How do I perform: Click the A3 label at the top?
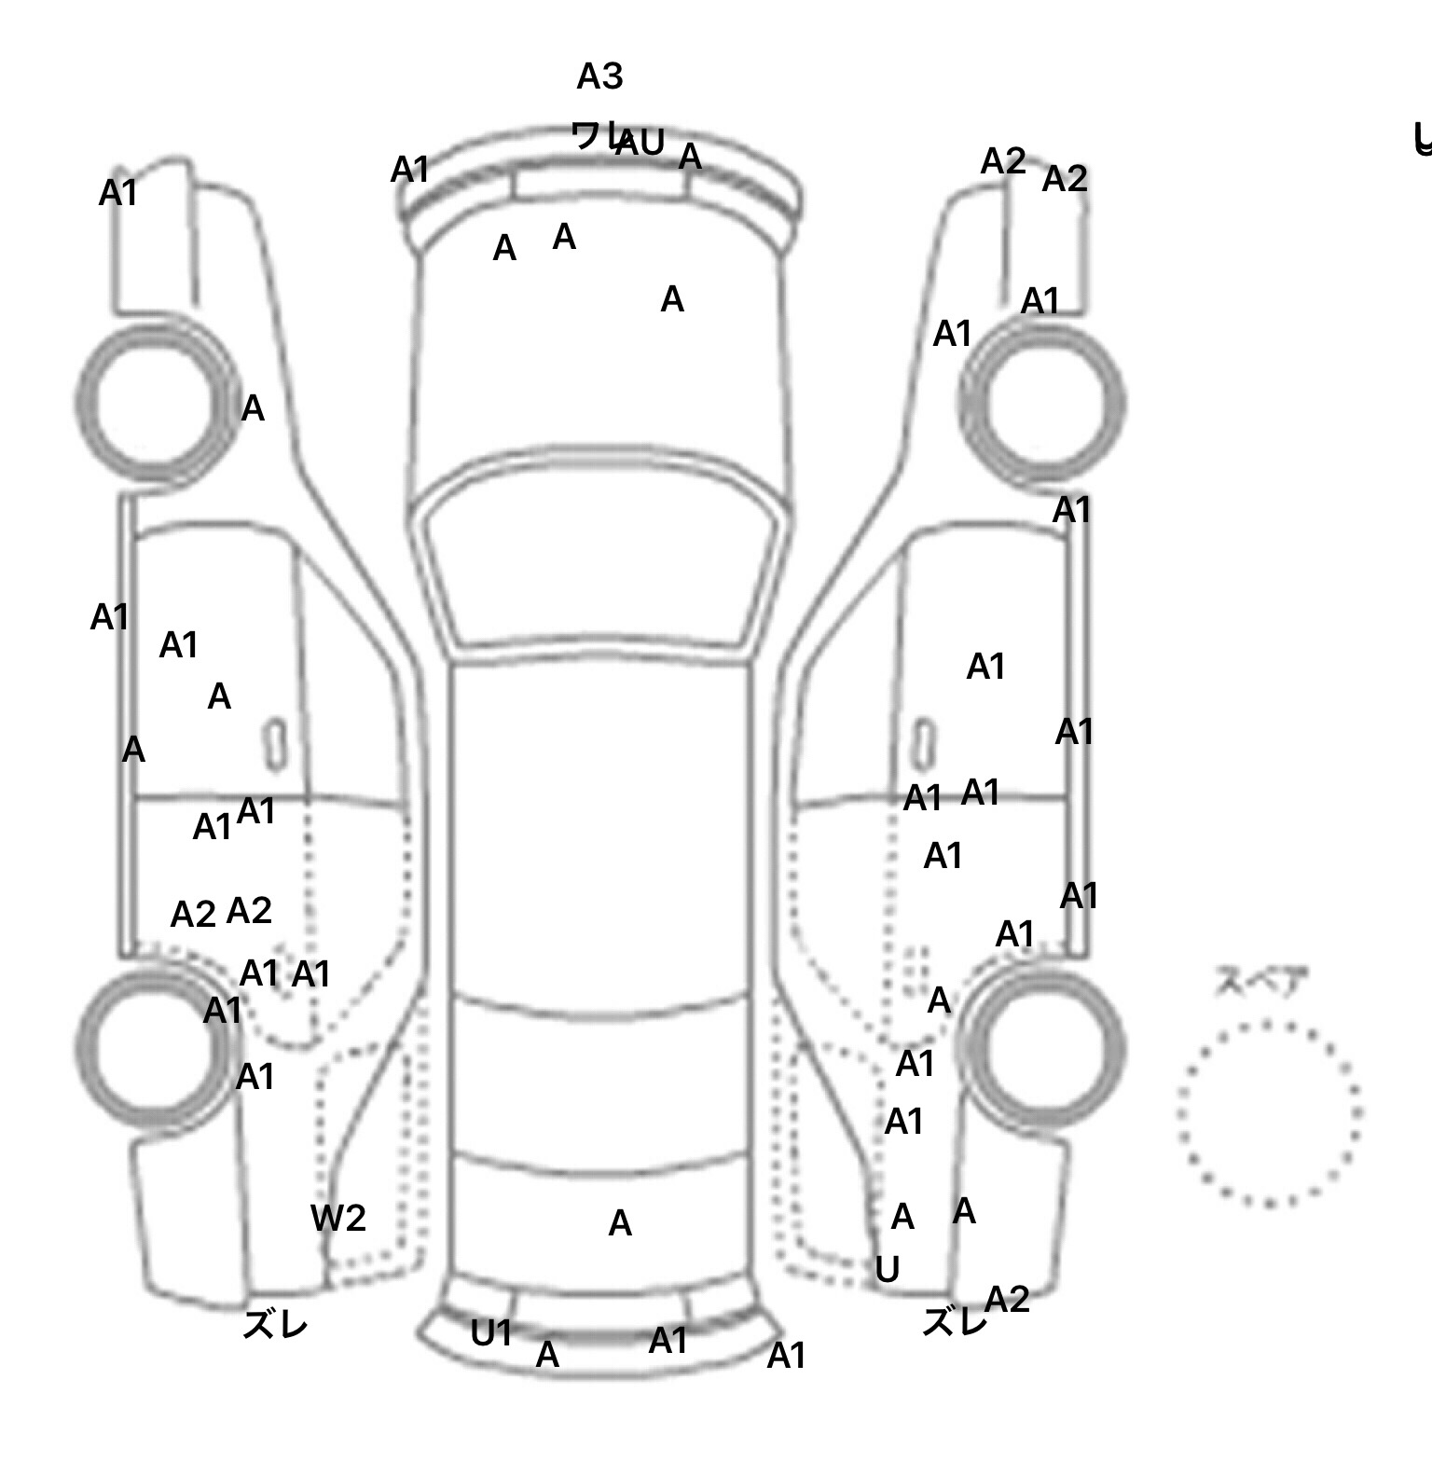[x=599, y=76]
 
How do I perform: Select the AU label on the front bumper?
[x=640, y=144]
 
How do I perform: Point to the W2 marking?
[x=337, y=1218]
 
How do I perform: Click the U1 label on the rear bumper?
[x=491, y=1334]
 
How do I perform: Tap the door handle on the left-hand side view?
[x=275, y=744]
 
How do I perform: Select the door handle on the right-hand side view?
[x=923, y=743]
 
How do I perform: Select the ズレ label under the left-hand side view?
[x=275, y=1325]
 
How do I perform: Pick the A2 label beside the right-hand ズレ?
[x=1007, y=1299]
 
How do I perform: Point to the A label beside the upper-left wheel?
[x=253, y=408]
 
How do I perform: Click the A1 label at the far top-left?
[x=118, y=193]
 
